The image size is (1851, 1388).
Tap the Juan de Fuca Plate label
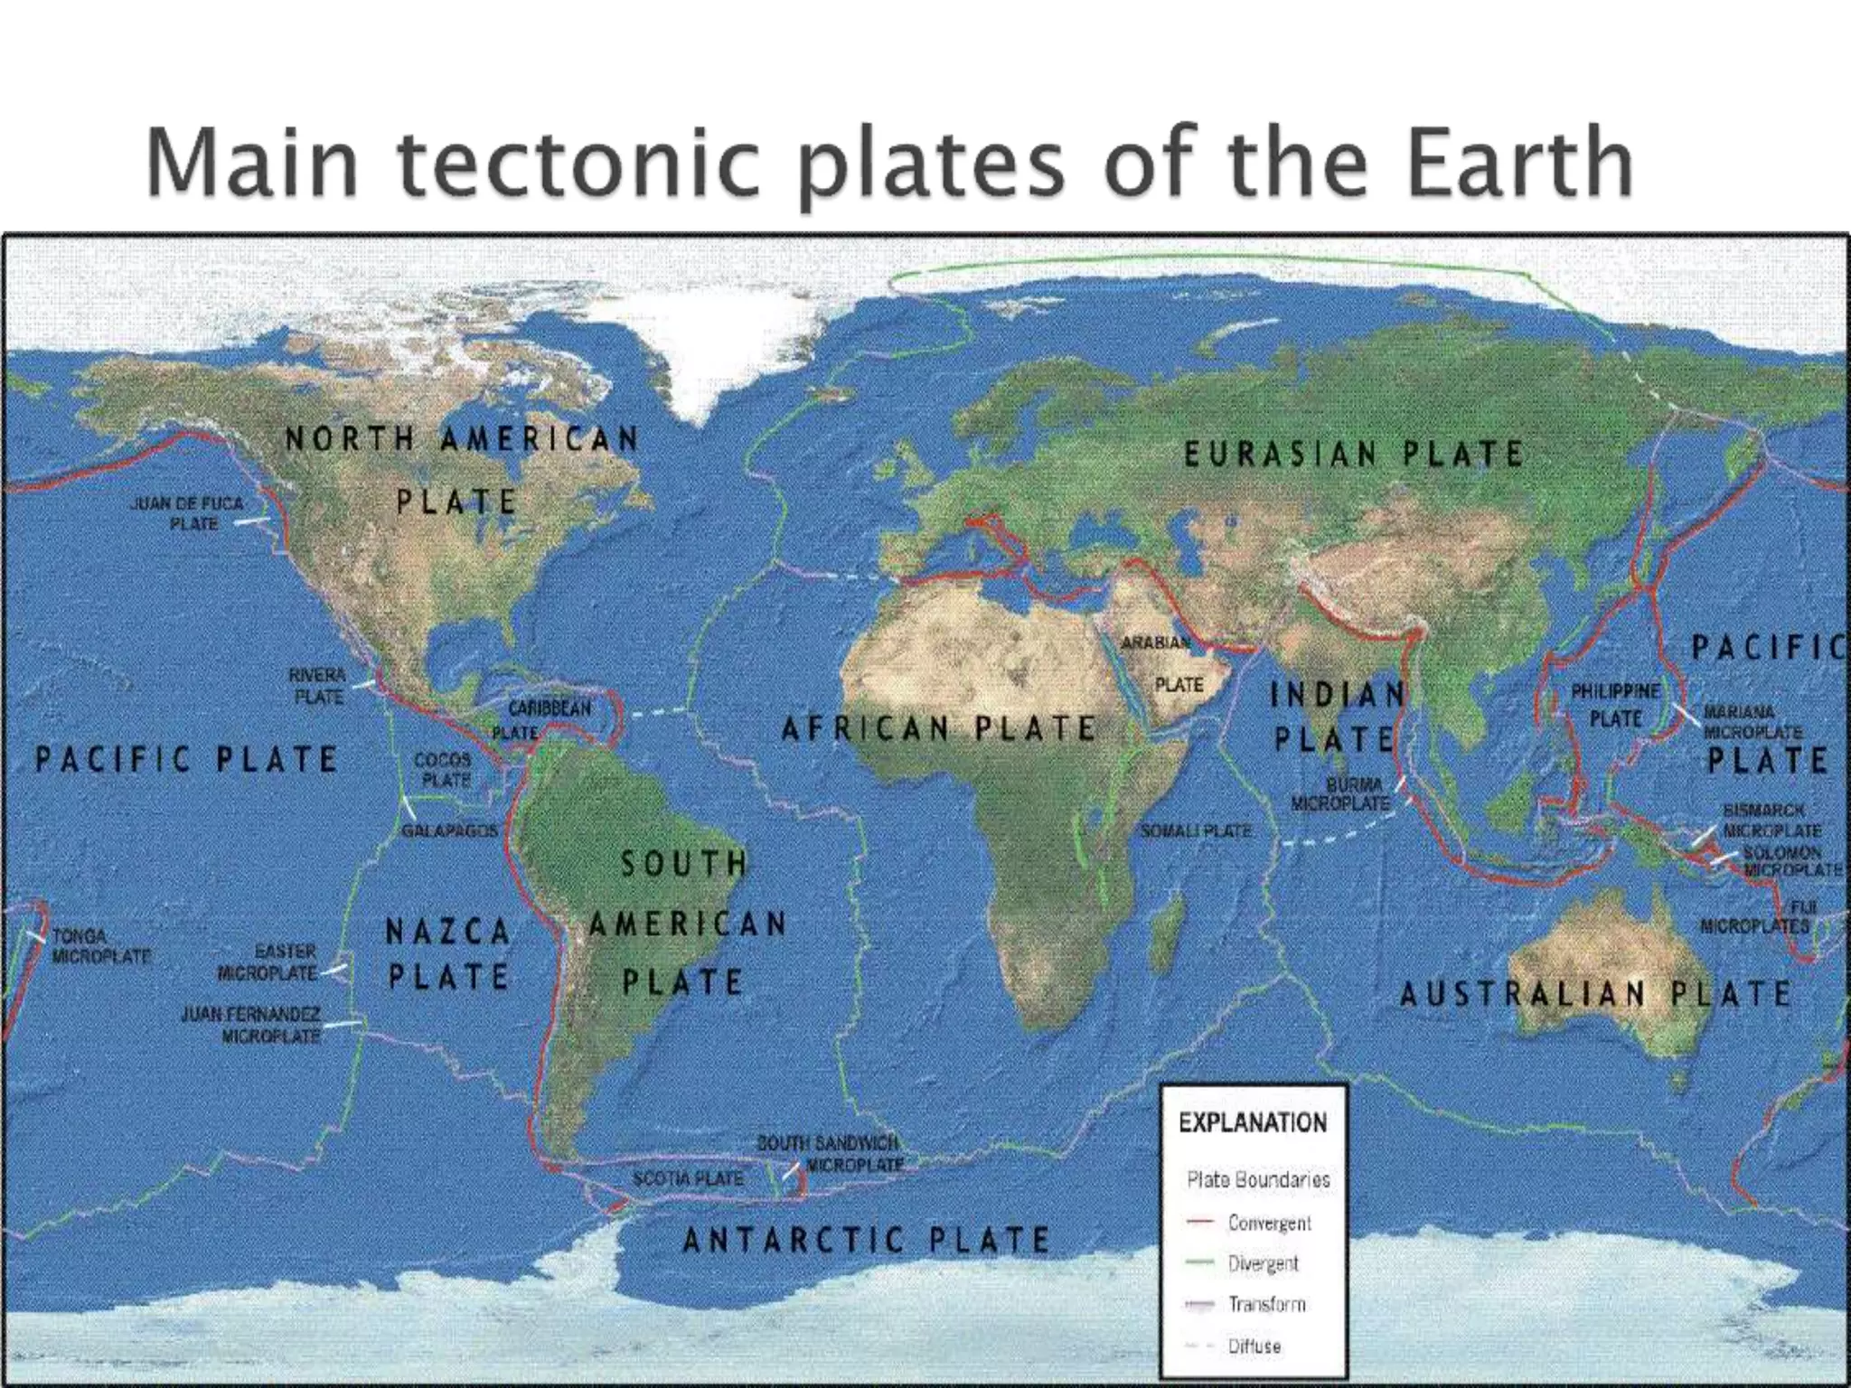click(x=187, y=512)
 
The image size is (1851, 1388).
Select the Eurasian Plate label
click(x=1354, y=454)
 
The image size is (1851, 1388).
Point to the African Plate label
click(x=939, y=728)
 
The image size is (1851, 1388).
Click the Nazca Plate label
click(x=447, y=953)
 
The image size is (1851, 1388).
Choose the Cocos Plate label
click(x=442, y=769)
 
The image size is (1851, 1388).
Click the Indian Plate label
click(x=1337, y=717)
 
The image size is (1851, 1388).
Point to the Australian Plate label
click(x=1595, y=995)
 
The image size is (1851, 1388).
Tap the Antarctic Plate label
click(x=866, y=1240)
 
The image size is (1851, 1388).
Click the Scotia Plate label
click(x=688, y=1178)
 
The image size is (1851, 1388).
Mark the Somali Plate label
click(x=1196, y=830)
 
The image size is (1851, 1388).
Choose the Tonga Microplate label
click(x=99, y=945)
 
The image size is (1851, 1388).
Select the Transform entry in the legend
click(x=1266, y=1304)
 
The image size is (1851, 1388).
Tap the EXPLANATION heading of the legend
click(x=1253, y=1123)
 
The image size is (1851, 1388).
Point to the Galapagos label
click(x=449, y=830)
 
